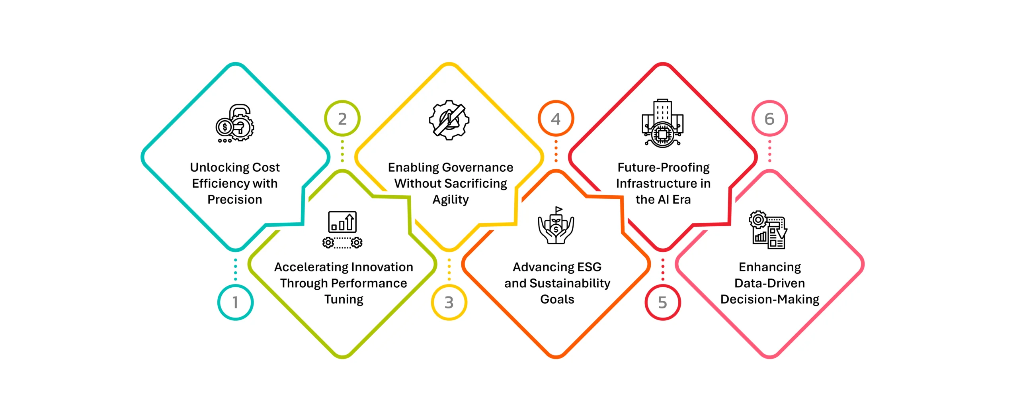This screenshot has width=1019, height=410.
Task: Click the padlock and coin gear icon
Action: tap(235, 124)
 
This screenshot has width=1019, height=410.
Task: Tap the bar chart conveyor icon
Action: tap(342, 230)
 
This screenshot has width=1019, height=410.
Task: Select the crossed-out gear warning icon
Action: tap(449, 120)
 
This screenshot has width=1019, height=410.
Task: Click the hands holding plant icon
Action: tap(556, 226)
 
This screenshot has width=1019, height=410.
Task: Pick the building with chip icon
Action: tap(662, 123)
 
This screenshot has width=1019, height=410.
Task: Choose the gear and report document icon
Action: tap(768, 230)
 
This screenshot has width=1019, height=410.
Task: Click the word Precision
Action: tap(235, 199)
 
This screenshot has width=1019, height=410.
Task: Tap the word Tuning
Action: tap(344, 300)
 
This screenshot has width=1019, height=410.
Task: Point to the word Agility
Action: tap(451, 200)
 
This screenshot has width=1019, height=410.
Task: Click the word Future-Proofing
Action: tap(664, 168)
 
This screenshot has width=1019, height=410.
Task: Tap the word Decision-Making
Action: tap(770, 300)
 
